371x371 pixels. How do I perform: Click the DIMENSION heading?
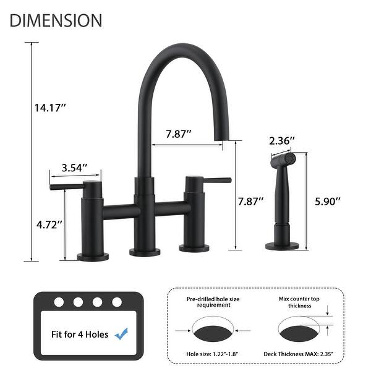coord(56,20)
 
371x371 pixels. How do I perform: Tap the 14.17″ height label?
coord(50,108)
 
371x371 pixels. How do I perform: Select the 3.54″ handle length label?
coord(74,168)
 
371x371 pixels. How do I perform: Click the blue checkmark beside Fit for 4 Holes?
coord(122,334)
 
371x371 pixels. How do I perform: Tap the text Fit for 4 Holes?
coord(80,335)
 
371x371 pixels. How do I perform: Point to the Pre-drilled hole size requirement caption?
coord(212,302)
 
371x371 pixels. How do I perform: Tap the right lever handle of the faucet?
coord(210,181)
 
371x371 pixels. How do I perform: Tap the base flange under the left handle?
coord(92,255)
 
